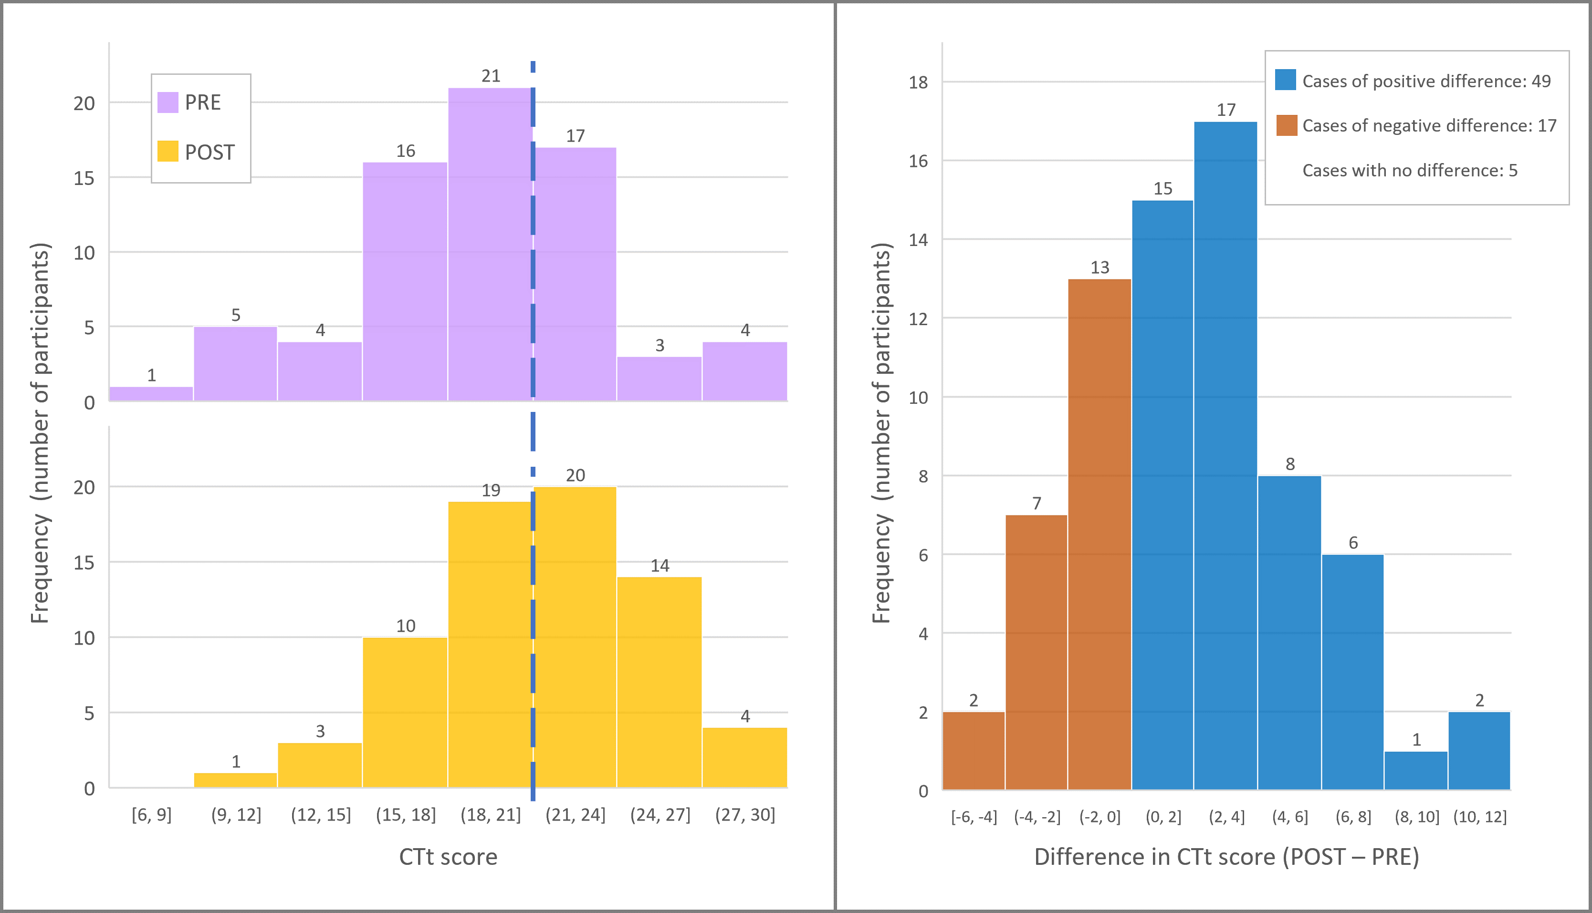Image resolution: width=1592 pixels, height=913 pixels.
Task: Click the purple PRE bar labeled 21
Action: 490,245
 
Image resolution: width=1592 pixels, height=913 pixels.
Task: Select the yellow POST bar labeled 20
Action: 575,636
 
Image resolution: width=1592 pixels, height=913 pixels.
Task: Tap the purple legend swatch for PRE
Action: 168,102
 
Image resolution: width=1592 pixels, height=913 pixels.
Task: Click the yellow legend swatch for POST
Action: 168,151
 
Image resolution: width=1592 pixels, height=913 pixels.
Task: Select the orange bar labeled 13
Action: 1100,533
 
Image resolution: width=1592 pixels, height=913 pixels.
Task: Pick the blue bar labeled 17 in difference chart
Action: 1225,455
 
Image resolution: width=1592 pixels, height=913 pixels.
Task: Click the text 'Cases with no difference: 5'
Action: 1409,171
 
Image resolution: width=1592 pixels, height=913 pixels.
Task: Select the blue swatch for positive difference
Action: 1286,80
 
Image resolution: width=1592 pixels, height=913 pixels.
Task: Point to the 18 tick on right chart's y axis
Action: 918,82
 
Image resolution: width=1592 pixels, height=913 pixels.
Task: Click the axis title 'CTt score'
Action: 448,857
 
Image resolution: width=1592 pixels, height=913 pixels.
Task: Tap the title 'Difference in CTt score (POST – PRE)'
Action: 1226,857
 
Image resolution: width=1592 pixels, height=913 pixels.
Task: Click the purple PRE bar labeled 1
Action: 151,394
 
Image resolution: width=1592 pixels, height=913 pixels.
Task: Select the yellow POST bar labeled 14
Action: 659,682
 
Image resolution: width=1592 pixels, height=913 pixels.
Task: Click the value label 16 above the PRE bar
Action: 405,151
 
